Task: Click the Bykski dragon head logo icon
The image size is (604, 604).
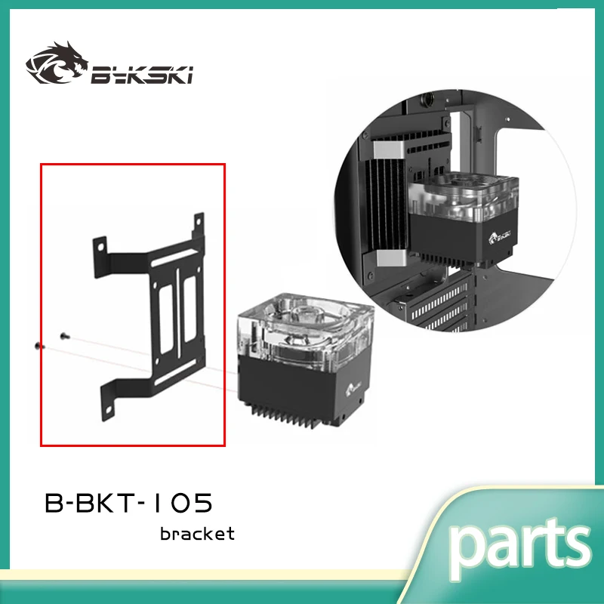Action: tap(55, 64)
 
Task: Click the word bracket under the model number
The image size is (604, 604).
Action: tap(197, 534)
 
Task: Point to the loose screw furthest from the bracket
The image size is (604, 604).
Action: tap(40, 345)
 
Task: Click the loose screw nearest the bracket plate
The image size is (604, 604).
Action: tap(63, 335)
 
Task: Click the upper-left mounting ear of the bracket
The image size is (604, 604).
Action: tap(100, 245)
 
